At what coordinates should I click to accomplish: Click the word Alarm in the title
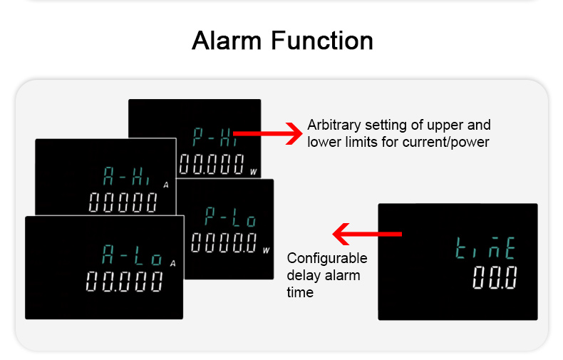(x=227, y=40)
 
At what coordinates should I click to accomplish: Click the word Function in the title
(x=322, y=40)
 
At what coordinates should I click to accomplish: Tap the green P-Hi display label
(x=215, y=137)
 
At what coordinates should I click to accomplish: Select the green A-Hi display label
(x=126, y=176)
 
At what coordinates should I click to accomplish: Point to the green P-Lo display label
(x=230, y=217)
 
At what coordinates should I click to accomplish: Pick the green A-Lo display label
(x=132, y=254)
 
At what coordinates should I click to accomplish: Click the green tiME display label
(x=485, y=248)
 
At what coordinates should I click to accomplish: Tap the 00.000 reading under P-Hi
(x=212, y=164)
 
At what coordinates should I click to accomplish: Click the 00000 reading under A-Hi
(x=123, y=202)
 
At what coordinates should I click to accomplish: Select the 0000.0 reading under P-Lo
(x=224, y=242)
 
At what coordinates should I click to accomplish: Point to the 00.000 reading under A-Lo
(x=124, y=282)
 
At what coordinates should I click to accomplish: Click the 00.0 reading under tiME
(x=495, y=277)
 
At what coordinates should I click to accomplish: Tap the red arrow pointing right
(x=268, y=133)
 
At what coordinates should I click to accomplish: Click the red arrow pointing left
(x=367, y=234)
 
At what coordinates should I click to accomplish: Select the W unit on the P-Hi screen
(x=254, y=172)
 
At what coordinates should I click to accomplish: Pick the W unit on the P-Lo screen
(x=266, y=250)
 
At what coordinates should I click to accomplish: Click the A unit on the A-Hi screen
(x=166, y=185)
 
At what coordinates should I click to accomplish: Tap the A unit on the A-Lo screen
(x=172, y=264)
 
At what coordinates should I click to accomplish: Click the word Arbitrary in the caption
(x=334, y=125)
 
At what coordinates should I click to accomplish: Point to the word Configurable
(x=327, y=259)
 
